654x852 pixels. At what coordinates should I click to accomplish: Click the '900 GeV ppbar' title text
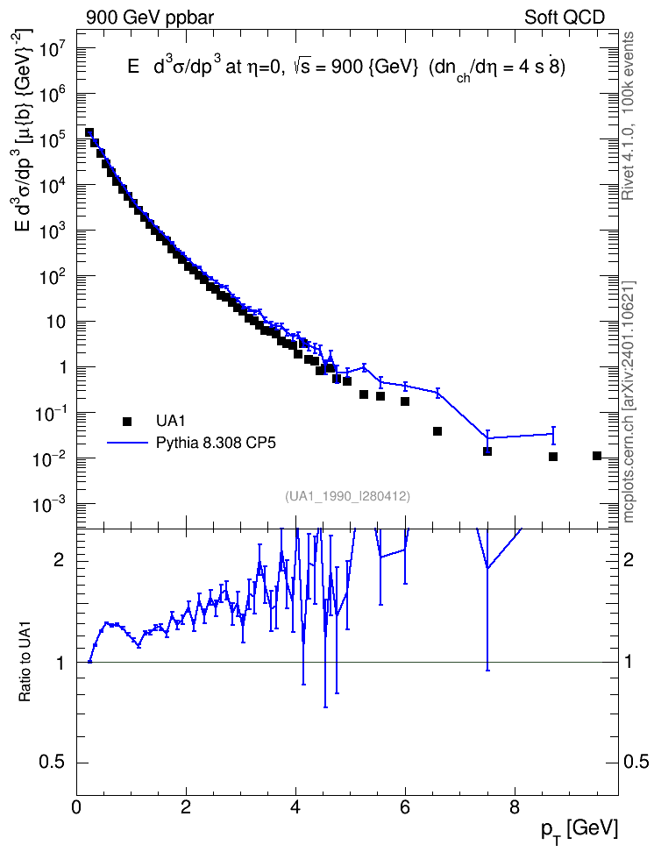click(150, 18)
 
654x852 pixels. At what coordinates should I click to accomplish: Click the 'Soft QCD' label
click(565, 18)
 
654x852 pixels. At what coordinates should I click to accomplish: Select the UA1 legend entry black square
click(127, 421)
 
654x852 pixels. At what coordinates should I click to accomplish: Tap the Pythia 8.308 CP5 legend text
click(216, 444)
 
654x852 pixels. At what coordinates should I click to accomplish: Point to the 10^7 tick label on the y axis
click(52, 49)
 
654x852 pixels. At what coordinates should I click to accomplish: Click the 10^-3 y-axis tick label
click(49, 506)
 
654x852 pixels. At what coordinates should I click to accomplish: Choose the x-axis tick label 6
click(405, 807)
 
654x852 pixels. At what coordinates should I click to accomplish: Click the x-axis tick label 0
click(76, 807)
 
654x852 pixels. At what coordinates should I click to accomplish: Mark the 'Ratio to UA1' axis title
click(25, 663)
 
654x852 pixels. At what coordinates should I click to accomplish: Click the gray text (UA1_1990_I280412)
click(347, 496)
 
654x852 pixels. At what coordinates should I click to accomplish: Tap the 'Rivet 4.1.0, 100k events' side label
click(629, 116)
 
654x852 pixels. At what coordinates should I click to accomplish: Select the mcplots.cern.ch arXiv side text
click(629, 402)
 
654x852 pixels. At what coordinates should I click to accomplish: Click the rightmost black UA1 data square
click(597, 456)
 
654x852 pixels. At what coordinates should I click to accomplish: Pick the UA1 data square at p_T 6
click(405, 401)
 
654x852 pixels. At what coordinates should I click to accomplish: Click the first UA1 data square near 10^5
click(89, 133)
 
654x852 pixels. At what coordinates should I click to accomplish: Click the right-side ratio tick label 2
click(629, 560)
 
